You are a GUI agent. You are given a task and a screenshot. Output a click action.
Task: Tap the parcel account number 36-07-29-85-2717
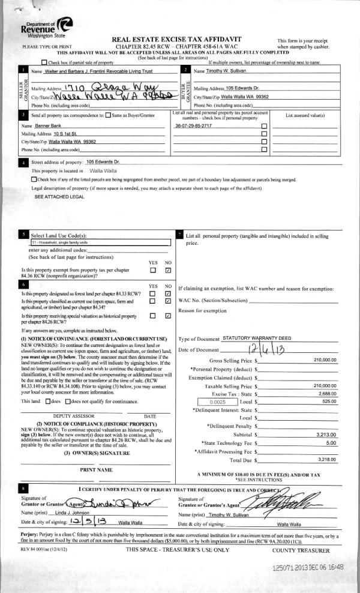(193, 126)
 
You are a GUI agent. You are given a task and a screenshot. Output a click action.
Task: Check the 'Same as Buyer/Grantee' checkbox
(107, 114)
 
